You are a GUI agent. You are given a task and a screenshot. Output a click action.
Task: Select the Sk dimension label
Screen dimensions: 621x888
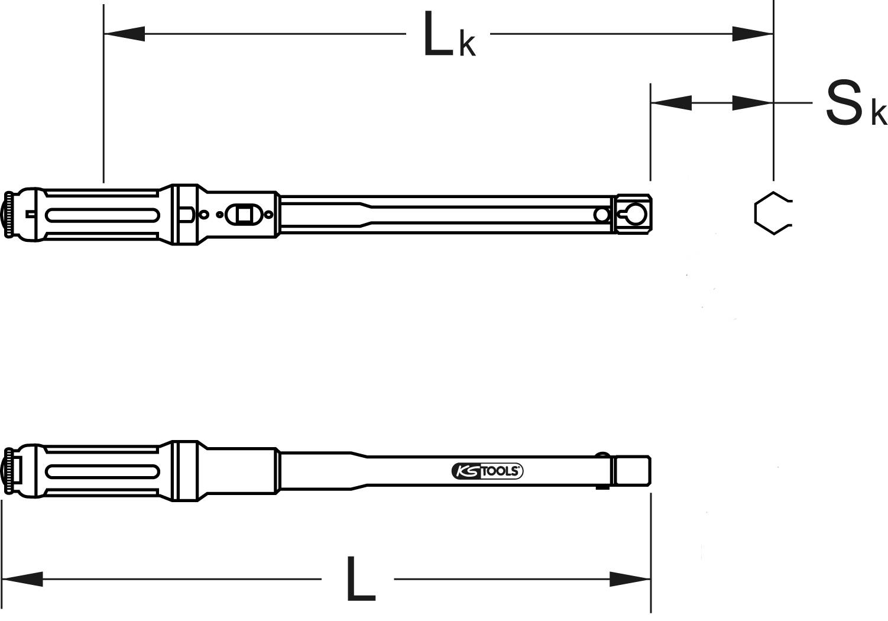(855, 104)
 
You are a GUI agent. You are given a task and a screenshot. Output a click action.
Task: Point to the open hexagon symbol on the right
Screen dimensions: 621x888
(771, 214)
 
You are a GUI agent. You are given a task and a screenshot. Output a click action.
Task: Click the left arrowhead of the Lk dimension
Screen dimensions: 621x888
(124, 34)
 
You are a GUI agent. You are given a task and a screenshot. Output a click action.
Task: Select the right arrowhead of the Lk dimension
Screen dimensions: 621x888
(752, 34)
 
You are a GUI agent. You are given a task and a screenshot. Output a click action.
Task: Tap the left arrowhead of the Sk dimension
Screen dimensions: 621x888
(671, 103)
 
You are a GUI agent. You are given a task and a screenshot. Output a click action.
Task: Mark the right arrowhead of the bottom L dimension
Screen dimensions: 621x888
(630, 578)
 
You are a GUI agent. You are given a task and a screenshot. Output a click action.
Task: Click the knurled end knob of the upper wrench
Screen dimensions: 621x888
(9, 215)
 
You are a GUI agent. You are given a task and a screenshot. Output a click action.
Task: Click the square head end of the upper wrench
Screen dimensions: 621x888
(633, 214)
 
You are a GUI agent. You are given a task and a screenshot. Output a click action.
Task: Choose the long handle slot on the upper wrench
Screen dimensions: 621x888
(102, 214)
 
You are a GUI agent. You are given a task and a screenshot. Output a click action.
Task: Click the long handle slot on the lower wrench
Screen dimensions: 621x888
(102, 471)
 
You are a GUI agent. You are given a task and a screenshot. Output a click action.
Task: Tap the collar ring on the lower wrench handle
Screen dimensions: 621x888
(184, 471)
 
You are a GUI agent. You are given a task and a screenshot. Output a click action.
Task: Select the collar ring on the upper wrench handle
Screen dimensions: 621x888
(185, 214)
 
